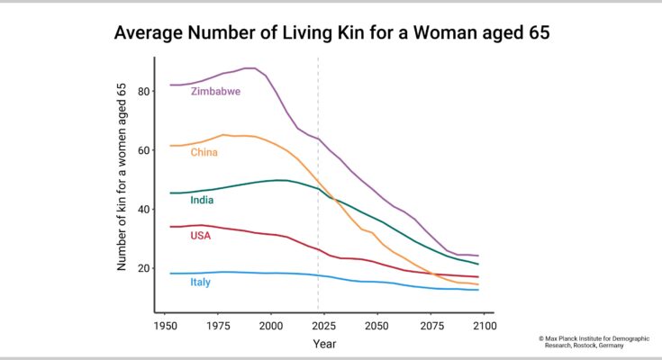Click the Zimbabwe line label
pos(215,91)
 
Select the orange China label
pos(204,152)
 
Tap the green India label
pos(202,200)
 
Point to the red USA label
pos(201,236)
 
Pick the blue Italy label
pos(200,282)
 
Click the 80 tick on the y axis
pos(144,91)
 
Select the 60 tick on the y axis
pos(144,150)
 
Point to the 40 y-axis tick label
pos(144,210)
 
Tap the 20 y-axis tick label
pos(144,268)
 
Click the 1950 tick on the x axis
pos(166,326)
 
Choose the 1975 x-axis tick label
pos(218,326)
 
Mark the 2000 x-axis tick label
pos(271,326)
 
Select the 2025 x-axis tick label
pos(324,326)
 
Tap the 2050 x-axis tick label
pos(377,326)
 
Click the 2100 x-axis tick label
pos(485,326)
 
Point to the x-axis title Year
pos(324,344)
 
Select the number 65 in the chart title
pos(539,32)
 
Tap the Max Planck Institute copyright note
pos(594,342)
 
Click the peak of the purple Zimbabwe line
pos(250,67)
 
